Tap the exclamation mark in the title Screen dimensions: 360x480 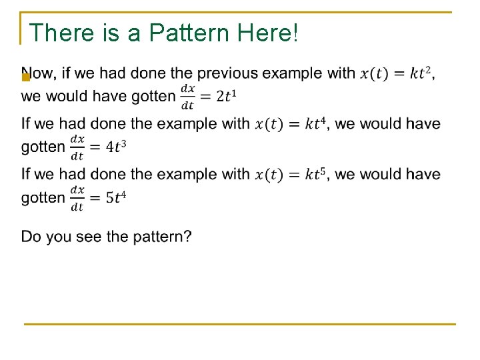click(294, 33)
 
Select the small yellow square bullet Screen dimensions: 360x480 click(25, 77)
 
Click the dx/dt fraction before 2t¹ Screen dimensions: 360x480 click(188, 97)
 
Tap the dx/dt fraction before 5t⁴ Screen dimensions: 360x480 click(77, 198)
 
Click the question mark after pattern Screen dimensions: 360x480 click(187, 237)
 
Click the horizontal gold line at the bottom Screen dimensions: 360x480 click(240, 324)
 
